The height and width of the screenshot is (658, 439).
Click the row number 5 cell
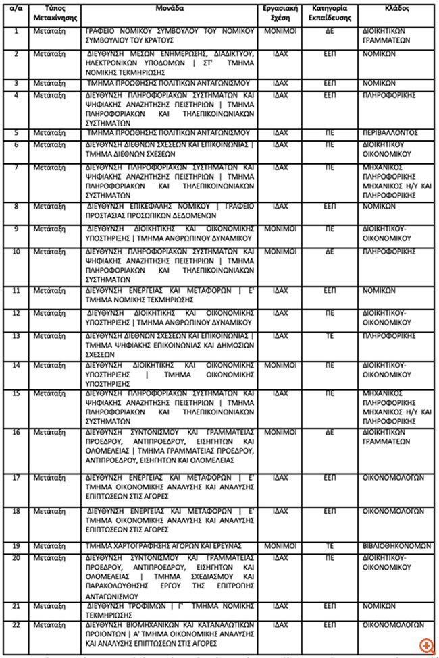click(x=16, y=132)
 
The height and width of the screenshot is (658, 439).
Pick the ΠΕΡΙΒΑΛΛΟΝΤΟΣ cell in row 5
click(x=387, y=132)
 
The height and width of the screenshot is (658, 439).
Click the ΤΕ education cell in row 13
click(x=330, y=335)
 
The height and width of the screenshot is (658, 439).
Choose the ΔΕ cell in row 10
click(x=330, y=250)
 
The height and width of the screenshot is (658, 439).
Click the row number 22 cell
click(x=16, y=624)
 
